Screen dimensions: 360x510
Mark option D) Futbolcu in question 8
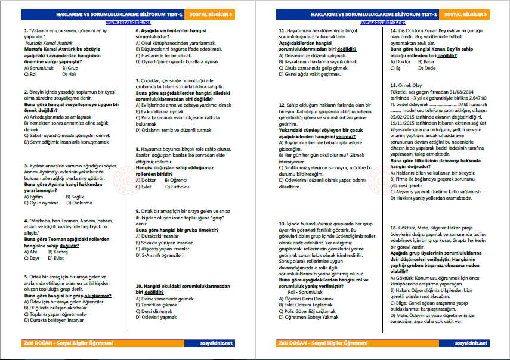pos(176,186)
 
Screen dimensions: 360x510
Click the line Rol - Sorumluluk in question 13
pos(304,292)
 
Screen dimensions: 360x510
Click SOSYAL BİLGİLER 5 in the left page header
pos(220,13)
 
